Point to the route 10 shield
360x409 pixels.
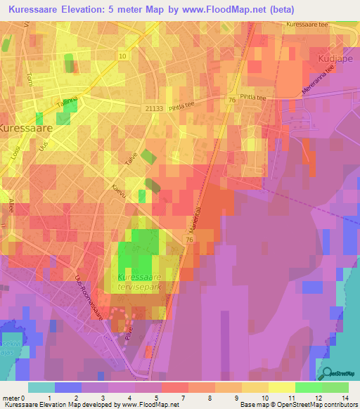[123, 56]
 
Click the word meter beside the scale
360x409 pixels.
[11, 398]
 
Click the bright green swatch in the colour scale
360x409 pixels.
[309, 387]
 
